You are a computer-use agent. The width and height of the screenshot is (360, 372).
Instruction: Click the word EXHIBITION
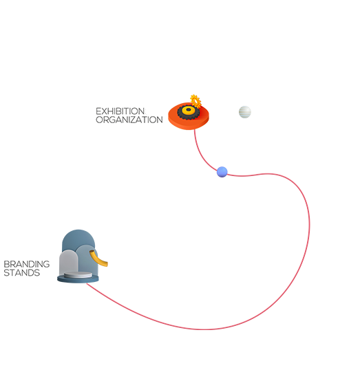point(120,111)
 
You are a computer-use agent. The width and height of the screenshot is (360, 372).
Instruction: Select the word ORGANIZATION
point(129,120)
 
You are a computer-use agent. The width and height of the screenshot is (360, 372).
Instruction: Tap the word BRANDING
point(27,264)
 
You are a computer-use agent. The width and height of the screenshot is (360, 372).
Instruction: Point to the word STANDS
point(22,272)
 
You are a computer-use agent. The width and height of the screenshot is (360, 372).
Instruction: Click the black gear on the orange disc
point(189,112)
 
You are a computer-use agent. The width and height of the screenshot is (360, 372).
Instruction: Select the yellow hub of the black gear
point(189,110)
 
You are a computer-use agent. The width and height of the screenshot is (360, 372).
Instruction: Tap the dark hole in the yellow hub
point(189,109)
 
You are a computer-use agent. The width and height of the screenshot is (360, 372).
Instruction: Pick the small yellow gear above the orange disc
point(195,101)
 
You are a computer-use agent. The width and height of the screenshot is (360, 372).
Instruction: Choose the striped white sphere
point(245,112)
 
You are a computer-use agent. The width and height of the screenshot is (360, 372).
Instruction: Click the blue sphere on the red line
point(222,172)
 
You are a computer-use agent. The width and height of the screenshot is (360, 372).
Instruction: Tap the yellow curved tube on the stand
point(99,259)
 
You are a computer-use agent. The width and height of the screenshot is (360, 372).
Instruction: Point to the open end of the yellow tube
point(92,252)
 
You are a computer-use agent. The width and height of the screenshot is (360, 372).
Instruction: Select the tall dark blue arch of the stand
point(78,239)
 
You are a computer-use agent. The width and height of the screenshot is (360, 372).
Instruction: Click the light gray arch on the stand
point(69,262)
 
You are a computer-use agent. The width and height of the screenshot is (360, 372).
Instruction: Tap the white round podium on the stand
point(78,275)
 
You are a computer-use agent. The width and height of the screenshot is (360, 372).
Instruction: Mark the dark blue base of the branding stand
point(78,279)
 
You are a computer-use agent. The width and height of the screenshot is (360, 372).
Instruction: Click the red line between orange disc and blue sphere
point(201,154)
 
